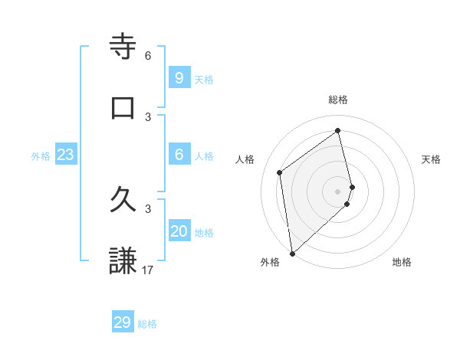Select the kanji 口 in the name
point(123,108)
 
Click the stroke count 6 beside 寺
point(148,56)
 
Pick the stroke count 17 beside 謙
point(148,270)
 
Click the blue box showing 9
point(179,78)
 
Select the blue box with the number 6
point(179,155)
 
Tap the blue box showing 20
point(179,231)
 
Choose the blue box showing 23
point(66,155)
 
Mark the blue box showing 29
point(123,322)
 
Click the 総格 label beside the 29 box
point(148,324)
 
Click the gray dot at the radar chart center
point(338,191)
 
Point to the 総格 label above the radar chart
point(338,100)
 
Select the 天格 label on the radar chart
point(431,159)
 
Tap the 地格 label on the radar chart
point(402,262)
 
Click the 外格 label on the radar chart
point(270,262)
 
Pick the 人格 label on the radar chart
point(245,159)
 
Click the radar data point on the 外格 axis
point(292,253)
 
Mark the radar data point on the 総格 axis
point(338,130)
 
